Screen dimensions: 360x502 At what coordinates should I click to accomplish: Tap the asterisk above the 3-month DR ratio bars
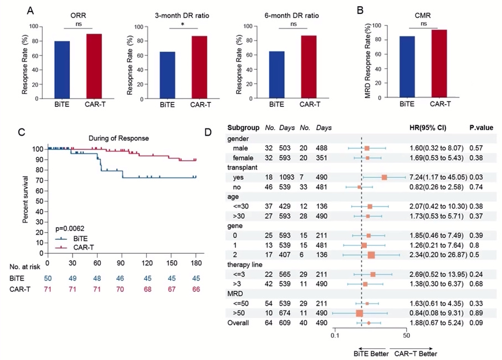183,25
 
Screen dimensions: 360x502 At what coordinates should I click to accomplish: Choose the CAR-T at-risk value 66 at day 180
195,289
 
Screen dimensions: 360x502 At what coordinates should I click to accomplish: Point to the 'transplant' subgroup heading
244,167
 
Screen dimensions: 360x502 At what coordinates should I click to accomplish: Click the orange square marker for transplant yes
385,177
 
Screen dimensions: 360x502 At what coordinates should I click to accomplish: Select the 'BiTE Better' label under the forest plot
370,353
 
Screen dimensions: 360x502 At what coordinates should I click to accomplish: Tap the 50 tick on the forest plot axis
406,336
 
